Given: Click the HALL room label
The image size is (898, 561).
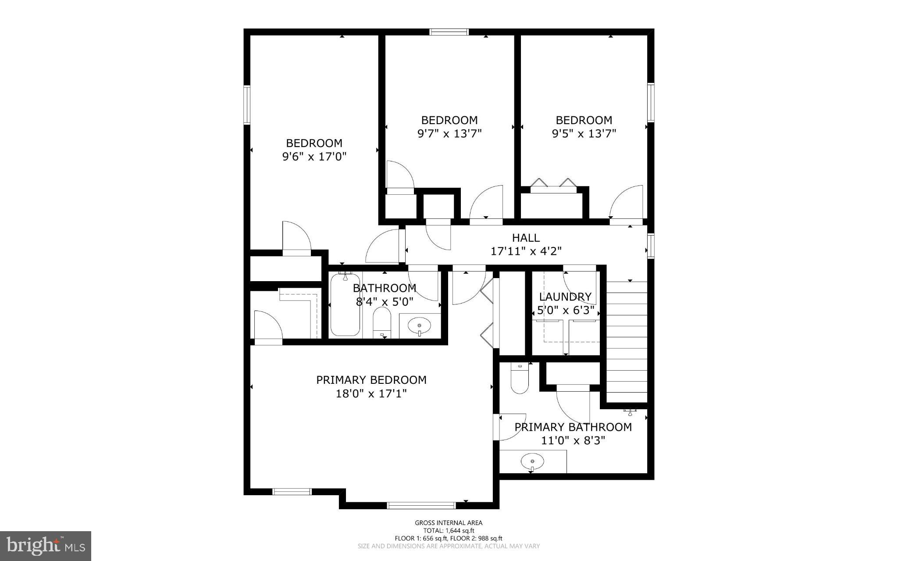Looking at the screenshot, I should coord(526,238).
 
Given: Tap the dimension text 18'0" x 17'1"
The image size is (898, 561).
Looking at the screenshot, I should coord(371,394).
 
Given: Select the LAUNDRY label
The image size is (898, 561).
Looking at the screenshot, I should coord(565,297).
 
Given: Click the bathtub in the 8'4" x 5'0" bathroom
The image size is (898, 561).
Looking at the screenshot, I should coord(346,305).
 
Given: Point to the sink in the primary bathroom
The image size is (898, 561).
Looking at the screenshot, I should coord(532,462).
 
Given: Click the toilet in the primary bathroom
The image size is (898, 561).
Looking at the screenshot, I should coord(520,379).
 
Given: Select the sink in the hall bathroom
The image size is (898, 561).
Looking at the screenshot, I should coord(420,326).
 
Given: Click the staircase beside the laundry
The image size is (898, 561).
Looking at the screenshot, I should coord(627,342).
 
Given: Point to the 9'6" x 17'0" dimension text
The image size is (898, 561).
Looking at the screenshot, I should coord(314,157).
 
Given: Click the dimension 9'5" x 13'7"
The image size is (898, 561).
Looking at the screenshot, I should coord(584,133).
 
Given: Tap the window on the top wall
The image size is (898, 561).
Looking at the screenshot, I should coord(449,32).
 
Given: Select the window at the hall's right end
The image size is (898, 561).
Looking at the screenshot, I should coord(651,246).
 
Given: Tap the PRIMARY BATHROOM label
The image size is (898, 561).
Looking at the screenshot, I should coord(573,427).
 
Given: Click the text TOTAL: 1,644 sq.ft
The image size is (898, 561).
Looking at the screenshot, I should coord(449,530).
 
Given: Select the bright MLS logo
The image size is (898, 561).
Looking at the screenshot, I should coord(46,546).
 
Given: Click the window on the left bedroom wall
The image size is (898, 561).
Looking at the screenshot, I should coord(247,105).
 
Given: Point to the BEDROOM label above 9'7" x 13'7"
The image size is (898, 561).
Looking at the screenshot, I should coord(449,120).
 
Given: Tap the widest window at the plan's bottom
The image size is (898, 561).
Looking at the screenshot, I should coord(421,505).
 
